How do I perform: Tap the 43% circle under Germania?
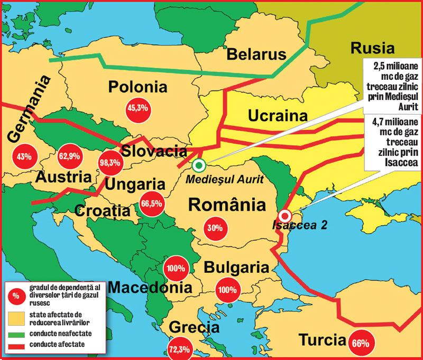[24, 156]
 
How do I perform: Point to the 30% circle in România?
[215, 228]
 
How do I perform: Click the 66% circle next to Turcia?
[360, 342]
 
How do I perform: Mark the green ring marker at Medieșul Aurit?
[199, 166]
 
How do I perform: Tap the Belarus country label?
[256, 54]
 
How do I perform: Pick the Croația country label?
[102, 210]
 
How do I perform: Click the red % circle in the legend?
[15, 296]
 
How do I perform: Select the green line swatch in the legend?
[16, 333]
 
